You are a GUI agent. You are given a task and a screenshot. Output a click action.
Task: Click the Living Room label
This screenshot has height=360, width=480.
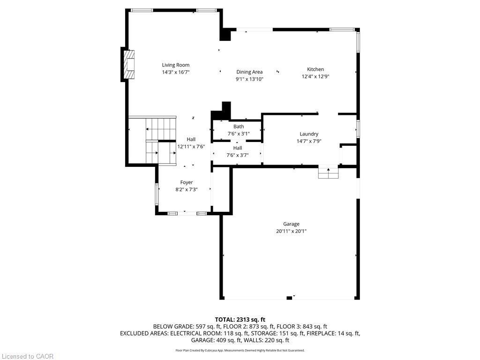(176, 65)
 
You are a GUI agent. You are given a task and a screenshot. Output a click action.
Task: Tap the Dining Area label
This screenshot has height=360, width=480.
(249, 72)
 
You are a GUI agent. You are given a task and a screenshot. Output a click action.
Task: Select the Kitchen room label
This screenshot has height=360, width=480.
(315, 69)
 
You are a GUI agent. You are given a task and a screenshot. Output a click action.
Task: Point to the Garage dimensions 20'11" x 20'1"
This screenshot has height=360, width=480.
(291, 231)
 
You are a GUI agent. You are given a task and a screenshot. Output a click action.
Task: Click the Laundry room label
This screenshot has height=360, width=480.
(309, 134)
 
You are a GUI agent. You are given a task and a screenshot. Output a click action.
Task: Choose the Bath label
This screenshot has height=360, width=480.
(239, 127)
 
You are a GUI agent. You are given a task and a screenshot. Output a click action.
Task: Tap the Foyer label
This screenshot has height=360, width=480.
(187, 182)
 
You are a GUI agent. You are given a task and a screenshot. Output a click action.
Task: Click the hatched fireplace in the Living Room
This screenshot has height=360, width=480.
(129, 65)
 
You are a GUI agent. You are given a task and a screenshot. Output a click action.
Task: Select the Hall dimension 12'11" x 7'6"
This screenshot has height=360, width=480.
(191, 146)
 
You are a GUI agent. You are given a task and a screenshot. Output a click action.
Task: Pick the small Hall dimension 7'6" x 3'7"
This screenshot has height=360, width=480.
(238, 155)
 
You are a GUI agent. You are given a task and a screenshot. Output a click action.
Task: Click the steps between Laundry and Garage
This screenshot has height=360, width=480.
(328, 173)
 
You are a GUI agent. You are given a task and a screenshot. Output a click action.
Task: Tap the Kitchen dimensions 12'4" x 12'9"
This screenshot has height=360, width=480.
(315, 76)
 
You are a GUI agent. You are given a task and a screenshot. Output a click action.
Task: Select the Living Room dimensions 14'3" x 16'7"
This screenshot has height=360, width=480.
(176, 72)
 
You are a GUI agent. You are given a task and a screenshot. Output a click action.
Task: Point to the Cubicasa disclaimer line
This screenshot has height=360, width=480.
(240, 350)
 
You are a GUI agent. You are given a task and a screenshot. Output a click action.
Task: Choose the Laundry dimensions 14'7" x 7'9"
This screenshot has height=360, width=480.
(309, 141)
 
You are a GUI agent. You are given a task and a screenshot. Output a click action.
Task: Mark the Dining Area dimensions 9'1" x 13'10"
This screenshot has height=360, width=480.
(249, 79)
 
